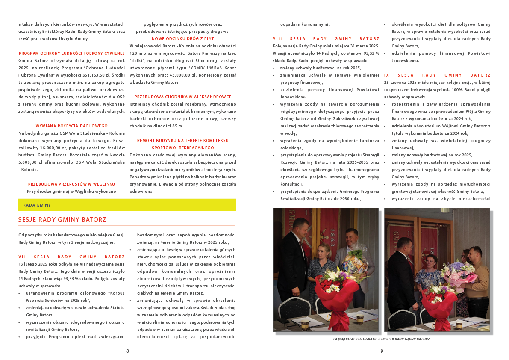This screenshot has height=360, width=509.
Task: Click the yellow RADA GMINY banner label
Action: (37, 205)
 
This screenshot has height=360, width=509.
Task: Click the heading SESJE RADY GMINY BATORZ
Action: (62, 220)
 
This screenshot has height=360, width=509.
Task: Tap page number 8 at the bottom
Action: (127, 351)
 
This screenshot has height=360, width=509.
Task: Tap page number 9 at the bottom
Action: (382, 351)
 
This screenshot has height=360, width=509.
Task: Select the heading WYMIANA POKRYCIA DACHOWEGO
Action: (72, 126)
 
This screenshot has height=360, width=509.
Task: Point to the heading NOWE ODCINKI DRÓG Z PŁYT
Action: (183, 38)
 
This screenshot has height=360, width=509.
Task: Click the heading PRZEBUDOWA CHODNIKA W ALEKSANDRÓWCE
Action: (183, 97)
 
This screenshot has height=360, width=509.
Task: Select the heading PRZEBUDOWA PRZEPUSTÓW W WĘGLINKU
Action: (72, 184)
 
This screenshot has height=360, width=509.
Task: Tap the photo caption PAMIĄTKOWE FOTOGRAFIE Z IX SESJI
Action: (382, 339)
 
